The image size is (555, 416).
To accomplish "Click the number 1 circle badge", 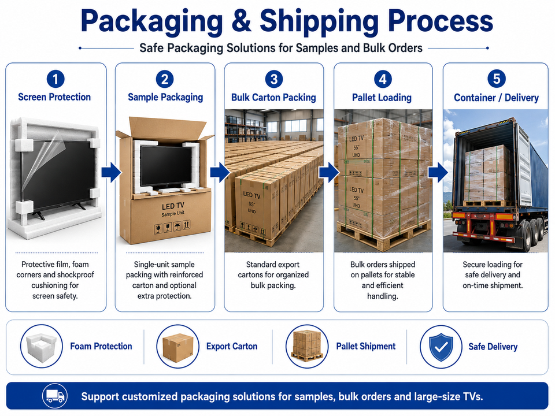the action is pos(55,79).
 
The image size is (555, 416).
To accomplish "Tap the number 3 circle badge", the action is pos(274,79).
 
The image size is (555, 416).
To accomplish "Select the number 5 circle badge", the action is pos(496,79).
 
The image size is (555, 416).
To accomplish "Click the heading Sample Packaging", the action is pos(165,97).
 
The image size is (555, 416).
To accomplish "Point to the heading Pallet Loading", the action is pos(382,98).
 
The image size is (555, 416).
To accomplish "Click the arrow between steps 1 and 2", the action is pos(111,172).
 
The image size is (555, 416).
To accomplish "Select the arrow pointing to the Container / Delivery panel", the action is pos(438,172).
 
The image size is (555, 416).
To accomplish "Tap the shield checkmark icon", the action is pos(441,347).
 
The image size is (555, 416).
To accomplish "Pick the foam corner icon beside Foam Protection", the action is pos(42,346).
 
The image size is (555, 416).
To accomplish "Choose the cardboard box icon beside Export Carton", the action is pos(177,347).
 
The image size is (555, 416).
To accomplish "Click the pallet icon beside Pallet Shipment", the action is pos(307,347).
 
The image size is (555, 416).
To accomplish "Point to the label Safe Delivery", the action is pos(493,347).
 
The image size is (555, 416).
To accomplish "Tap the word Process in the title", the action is pos(441,21).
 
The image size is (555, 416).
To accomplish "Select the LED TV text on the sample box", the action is pos(173,206).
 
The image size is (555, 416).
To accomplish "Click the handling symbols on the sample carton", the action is pos(172,226).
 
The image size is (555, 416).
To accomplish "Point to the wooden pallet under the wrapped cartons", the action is pos(383,235).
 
